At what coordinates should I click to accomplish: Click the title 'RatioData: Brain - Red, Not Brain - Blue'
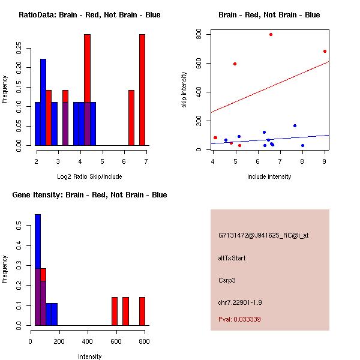tap(89, 14)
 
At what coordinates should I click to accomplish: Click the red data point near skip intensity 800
tap(271, 34)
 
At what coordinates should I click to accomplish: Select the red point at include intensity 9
tap(325, 51)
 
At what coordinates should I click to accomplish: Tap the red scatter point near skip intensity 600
tap(235, 64)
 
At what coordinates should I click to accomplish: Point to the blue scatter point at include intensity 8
tap(302, 145)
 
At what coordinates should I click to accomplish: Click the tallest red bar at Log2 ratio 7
tap(142, 90)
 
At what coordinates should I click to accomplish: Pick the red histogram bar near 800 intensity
tap(142, 311)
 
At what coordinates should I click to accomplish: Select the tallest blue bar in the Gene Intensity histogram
tap(38, 269)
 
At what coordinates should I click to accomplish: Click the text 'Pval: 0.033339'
tap(239, 319)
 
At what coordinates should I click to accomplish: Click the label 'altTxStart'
tap(232, 258)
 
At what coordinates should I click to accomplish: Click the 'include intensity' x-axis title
tap(269, 176)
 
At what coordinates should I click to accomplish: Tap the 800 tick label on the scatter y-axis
tap(199, 35)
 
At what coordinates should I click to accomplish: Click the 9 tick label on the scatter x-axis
tap(325, 161)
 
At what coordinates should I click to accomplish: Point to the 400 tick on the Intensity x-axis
tap(88, 341)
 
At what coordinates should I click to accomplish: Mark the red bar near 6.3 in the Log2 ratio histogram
tap(131, 118)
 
